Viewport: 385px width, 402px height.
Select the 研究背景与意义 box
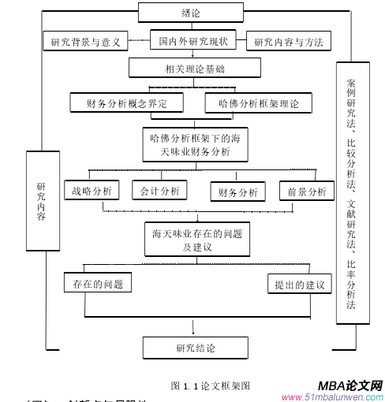[85, 41]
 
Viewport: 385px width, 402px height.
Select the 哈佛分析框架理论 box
[257, 102]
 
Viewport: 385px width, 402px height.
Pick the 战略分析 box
[92, 191]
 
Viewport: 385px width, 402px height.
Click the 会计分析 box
[159, 191]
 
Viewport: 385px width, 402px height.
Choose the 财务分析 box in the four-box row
[237, 192]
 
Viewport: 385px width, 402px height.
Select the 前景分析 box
[306, 192]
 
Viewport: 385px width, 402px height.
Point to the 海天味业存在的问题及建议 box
[196, 240]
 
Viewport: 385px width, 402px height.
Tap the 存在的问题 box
[97, 284]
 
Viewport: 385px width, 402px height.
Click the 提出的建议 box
[299, 284]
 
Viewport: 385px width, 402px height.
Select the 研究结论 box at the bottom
[195, 348]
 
